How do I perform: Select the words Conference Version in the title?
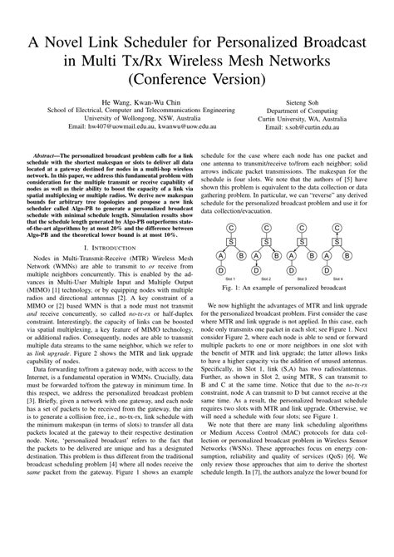coord(197,81)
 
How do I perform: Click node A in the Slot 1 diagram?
coord(221,256)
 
